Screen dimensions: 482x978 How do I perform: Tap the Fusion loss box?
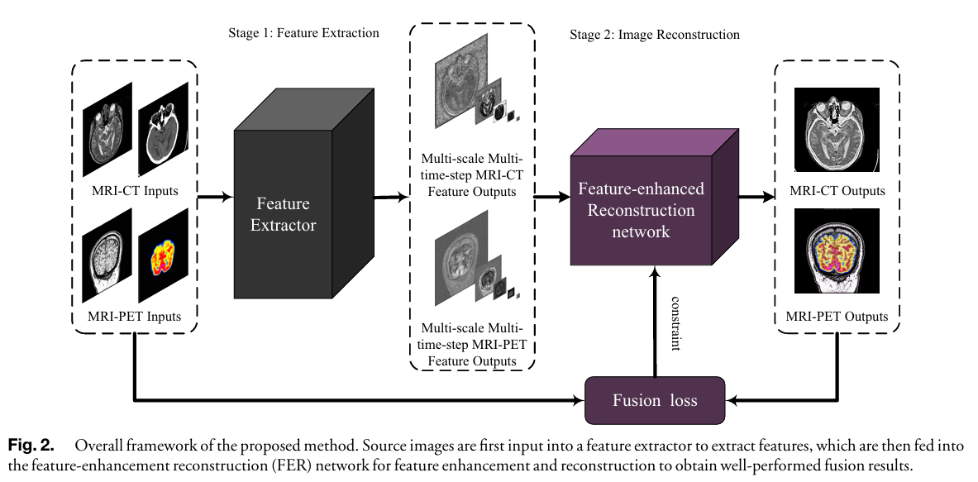[655, 401]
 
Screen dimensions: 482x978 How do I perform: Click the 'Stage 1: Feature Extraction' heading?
[303, 33]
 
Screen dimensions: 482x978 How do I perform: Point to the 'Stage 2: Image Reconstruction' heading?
[654, 36]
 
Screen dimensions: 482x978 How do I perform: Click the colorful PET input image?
[163, 255]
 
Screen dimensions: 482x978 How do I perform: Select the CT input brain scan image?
[163, 129]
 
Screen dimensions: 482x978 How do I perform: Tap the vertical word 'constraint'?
[675, 322]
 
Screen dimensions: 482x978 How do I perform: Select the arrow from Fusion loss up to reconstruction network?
[656, 322]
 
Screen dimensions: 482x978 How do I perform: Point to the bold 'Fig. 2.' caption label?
[30, 446]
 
